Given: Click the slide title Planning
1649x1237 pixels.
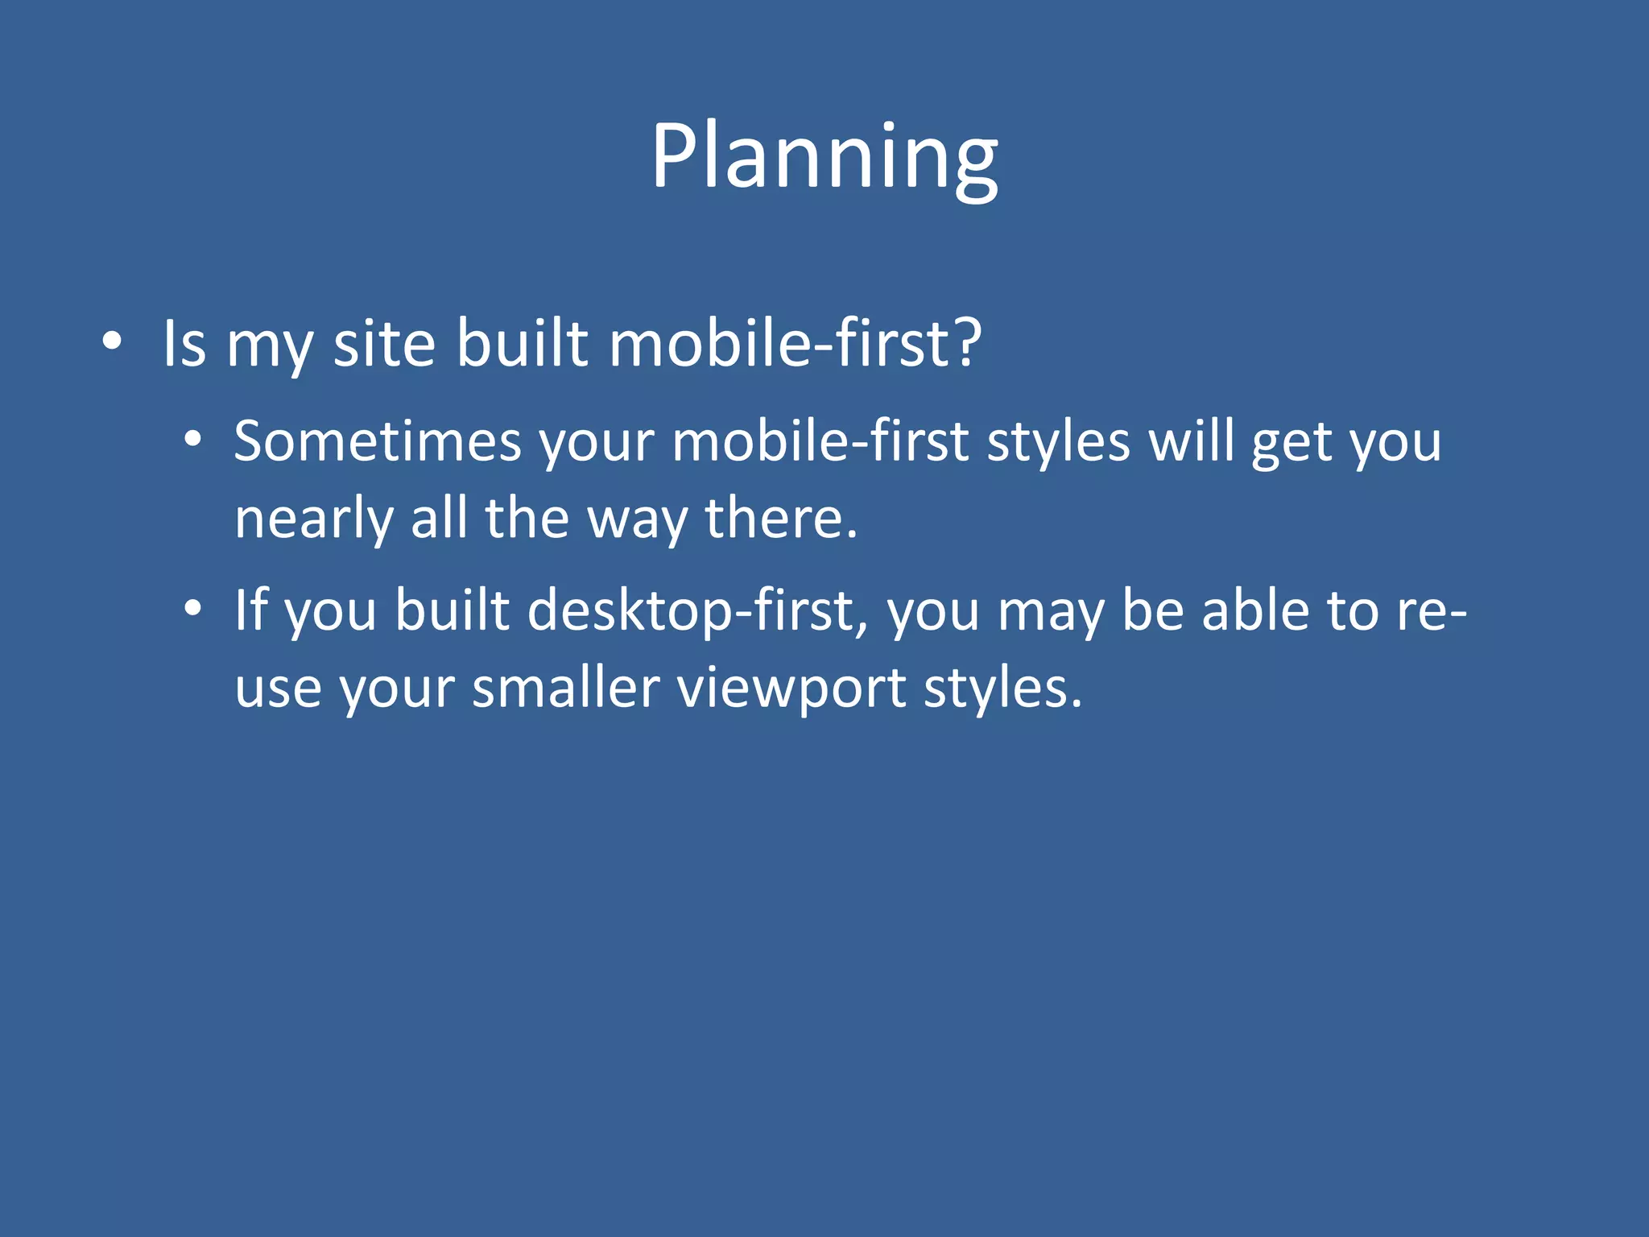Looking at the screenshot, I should coord(824,156).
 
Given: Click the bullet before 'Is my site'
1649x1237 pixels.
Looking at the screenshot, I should coord(112,342).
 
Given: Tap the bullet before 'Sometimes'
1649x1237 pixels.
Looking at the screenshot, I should coord(192,441).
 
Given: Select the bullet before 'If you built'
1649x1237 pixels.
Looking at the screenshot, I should coord(192,610).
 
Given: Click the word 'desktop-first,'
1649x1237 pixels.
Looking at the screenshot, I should coord(697,611).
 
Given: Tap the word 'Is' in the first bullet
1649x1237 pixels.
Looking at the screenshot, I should coord(184,344).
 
